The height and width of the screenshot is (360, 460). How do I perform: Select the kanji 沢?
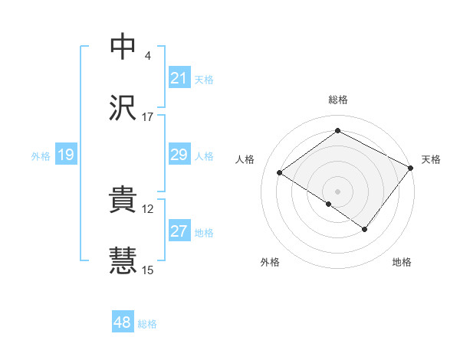click(123, 109)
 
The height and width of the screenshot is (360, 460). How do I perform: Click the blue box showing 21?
click(179, 78)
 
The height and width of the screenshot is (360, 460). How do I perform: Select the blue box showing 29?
click(179, 155)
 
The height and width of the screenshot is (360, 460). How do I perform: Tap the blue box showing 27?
click(179, 231)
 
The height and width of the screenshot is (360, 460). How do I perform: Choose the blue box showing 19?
click(66, 155)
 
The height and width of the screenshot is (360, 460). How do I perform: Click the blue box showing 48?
click(123, 322)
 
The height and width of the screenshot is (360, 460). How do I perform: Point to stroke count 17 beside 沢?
click(148, 117)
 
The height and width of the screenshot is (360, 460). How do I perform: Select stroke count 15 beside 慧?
click(148, 270)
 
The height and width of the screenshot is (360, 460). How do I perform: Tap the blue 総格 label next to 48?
click(147, 324)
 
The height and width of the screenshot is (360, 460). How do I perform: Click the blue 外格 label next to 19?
click(41, 156)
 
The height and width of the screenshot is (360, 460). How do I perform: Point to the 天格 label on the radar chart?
click(431, 159)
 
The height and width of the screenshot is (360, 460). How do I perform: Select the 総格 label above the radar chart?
click(338, 100)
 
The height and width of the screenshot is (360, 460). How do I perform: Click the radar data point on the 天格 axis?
click(411, 167)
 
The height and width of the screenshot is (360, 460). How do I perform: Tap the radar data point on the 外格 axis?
click(329, 204)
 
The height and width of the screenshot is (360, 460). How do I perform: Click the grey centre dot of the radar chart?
click(338, 191)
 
